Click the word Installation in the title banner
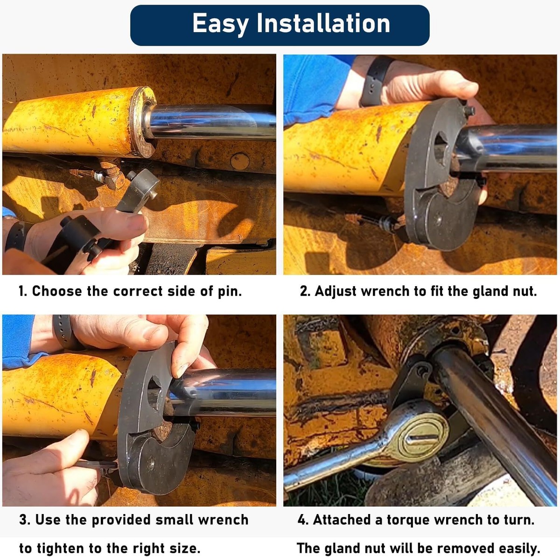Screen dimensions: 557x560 tap(323, 23)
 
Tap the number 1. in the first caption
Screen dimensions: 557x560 tap(23, 291)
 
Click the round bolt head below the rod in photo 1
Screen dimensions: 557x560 tap(239, 161)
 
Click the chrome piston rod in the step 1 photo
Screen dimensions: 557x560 tap(210, 122)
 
